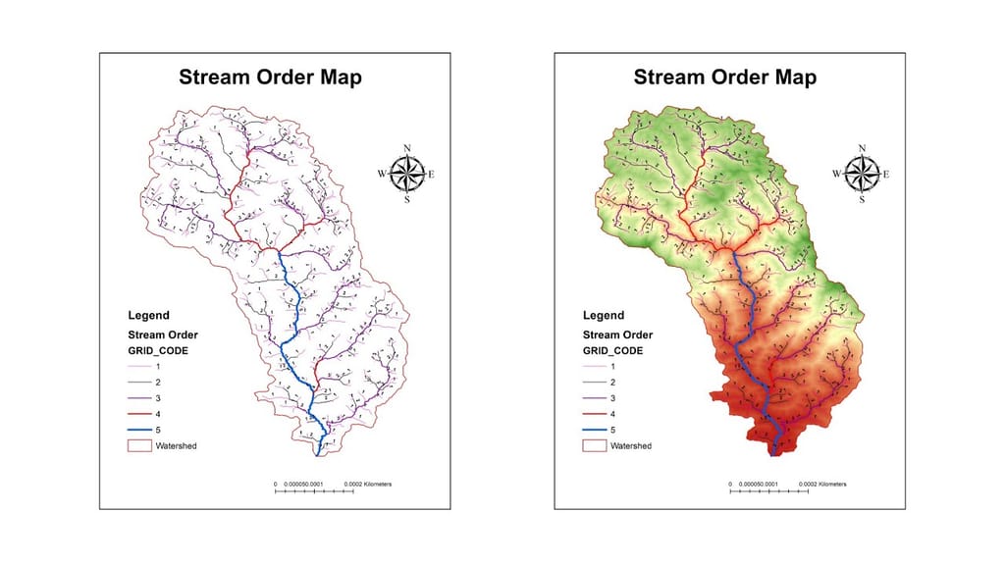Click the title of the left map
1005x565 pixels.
[x=269, y=77]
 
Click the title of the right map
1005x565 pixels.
[x=724, y=77]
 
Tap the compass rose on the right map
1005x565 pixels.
[x=862, y=174]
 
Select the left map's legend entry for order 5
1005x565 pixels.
[x=140, y=430]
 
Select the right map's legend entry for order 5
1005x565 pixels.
[x=596, y=430]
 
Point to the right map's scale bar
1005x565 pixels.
[x=771, y=488]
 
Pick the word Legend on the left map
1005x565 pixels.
[x=148, y=316]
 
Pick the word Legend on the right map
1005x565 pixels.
[x=604, y=316]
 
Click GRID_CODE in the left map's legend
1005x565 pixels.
[x=158, y=349]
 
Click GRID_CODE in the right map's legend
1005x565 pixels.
[x=613, y=349]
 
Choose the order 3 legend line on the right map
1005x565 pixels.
[x=596, y=398]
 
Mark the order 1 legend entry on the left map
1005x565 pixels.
[x=140, y=366]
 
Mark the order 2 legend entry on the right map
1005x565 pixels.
[x=596, y=382]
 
